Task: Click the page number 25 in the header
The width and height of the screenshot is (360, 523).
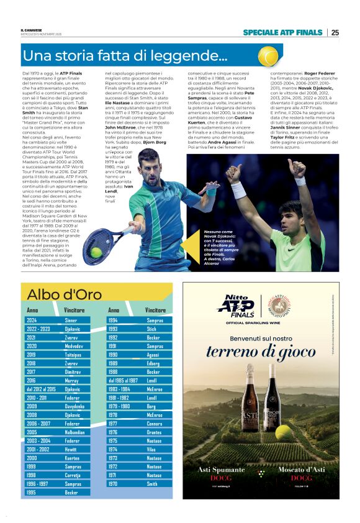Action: (335, 32)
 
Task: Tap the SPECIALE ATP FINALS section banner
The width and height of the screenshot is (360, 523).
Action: (282, 32)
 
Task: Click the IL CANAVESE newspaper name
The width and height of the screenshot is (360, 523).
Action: (32, 29)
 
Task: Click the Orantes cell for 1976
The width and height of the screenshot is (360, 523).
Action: (155, 432)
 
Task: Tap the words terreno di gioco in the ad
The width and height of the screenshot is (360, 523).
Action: (261, 352)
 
